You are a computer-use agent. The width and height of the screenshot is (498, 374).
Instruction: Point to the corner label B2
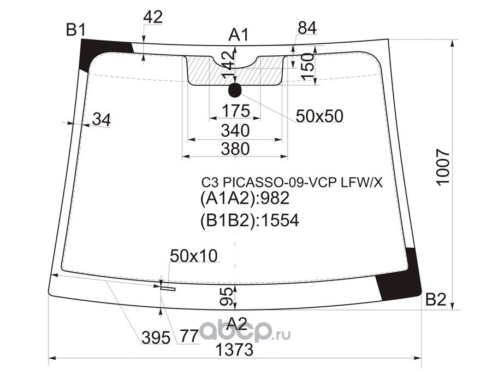pos(436,299)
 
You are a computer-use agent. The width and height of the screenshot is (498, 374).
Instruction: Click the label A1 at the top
pos(239,36)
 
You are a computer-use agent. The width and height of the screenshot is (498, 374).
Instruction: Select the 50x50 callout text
pos(319,115)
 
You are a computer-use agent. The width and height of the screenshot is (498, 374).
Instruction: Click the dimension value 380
pos(235,148)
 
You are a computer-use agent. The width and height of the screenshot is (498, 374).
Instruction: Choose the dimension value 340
pos(235,131)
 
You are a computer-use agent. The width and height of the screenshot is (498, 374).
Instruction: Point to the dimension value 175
pos(235,111)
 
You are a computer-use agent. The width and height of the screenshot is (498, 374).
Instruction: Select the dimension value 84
pos(307,27)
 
